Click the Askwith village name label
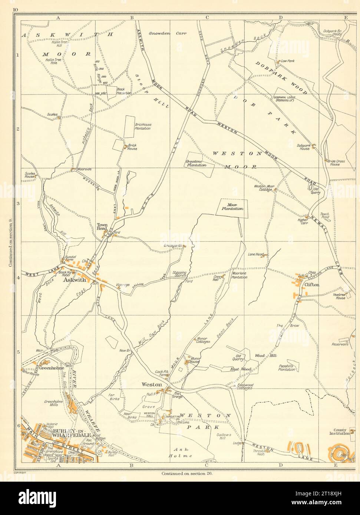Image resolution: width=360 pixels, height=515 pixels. pyautogui.click(x=75, y=280)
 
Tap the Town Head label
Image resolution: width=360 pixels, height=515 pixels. pyautogui.click(x=102, y=227)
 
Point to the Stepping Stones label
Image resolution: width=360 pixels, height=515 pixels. pyautogui.click(x=179, y=275)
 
